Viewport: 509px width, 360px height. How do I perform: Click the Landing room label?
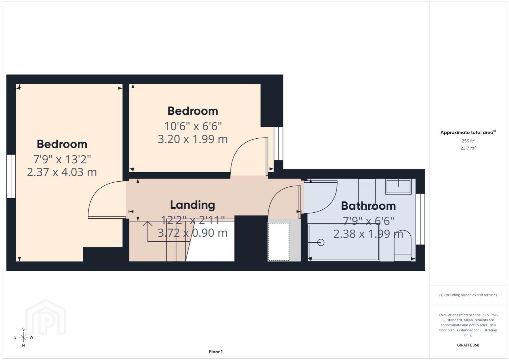click(192, 205)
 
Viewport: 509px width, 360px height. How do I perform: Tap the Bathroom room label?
click(368, 206)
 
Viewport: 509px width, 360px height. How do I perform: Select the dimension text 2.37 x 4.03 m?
click(62, 172)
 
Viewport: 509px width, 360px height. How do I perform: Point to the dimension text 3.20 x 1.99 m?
click(193, 139)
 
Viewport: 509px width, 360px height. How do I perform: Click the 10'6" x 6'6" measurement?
click(193, 126)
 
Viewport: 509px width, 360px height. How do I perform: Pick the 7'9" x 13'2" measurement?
click(62, 159)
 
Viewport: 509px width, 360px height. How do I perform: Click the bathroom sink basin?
click(398, 186)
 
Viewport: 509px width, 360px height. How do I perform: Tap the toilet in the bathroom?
click(402, 246)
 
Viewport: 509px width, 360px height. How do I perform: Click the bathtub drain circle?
click(321, 243)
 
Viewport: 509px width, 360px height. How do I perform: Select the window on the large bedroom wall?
click(11, 176)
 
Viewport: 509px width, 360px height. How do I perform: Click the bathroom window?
click(420, 219)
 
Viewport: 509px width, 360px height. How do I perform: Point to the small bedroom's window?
click(279, 144)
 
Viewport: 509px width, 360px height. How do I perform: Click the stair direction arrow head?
click(148, 223)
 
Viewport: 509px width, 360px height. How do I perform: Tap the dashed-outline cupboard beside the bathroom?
click(279, 242)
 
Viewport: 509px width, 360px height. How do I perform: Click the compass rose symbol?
click(23, 337)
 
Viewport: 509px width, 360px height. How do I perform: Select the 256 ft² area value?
click(468, 141)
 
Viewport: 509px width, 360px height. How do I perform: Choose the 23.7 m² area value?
click(468, 148)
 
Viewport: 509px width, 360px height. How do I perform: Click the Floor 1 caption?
click(216, 352)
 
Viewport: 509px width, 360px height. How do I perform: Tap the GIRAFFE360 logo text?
click(468, 345)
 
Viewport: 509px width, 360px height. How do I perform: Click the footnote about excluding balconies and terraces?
click(468, 295)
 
